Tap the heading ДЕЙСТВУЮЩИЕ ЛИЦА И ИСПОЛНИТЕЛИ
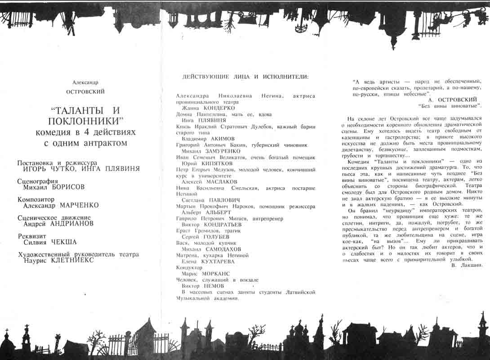pyautogui.click(x=245, y=76)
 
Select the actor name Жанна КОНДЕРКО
pyautogui.click(x=208, y=108)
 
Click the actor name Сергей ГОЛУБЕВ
pyautogui.click(x=205, y=236)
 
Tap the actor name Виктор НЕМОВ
pyautogui.click(x=202, y=286)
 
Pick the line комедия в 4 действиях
pyautogui.click(x=85, y=132)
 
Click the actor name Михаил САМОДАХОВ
pyautogui.click(x=211, y=249)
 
